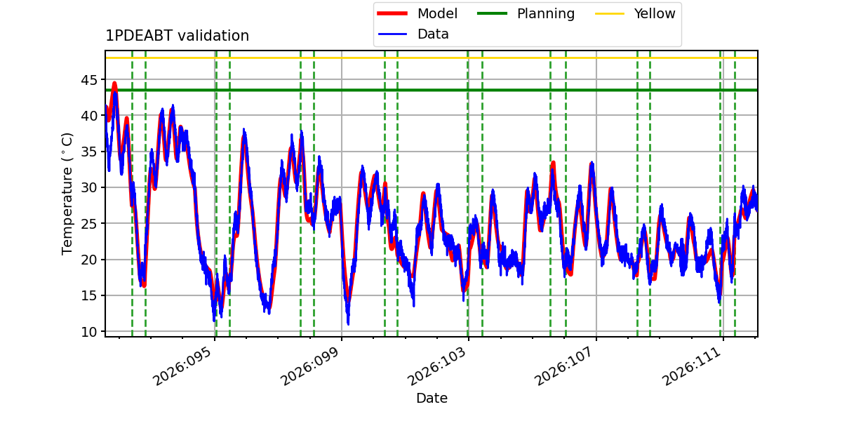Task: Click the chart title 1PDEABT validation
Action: [177, 36]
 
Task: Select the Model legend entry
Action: [417, 13]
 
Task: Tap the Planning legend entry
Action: [526, 13]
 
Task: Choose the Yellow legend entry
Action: [635, 13]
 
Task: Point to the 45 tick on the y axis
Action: [89, 80]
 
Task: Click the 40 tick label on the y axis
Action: [89, 116]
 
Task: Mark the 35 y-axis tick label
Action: [89, 152]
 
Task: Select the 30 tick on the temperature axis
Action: [89, 187]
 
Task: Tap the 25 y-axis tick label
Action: [89, 224]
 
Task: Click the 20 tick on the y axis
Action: [89, 260]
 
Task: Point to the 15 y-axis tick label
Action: [89, 296]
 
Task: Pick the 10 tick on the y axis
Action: [89, 332]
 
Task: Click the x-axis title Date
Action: [432, 398]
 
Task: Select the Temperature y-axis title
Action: [67, 194]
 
